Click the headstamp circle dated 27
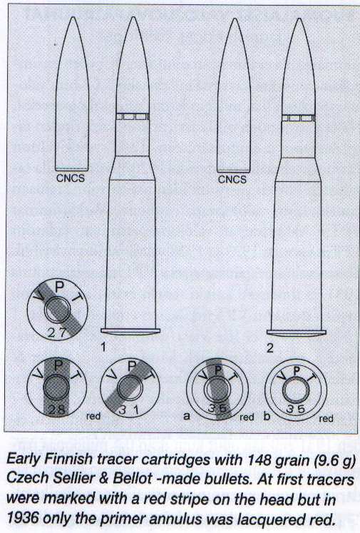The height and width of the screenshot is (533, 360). pyautogui.click(x=58, y=310)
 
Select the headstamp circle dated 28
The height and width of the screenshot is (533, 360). pyautogui.click(x=57, y=387)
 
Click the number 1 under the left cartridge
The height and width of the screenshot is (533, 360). pyautogui.click(x=103, y=347)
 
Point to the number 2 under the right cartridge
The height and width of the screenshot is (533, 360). pyautogui.click(x=269, y=348)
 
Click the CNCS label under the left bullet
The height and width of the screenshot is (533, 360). pyautogui.click(x=71, y=178)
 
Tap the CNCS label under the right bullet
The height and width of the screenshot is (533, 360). pyautogui.click(x=232, y=179)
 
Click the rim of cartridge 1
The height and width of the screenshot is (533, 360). pyautogui.click(x=130, y=331)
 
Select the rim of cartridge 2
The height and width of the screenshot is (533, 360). pyautogui.click(x=297, y=333)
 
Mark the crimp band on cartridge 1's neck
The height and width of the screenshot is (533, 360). pyautogui.click(x=133, y=116)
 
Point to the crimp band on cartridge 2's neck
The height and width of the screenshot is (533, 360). pyautogui.click(x=299, y=118)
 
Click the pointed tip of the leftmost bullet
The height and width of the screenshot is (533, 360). pyautogui.click(x=72, y=17)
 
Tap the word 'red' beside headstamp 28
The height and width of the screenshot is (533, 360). pyautogui.click(x=93, y=416)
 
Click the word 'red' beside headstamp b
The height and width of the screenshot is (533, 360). pyautogui.click(x=326, y=418)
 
